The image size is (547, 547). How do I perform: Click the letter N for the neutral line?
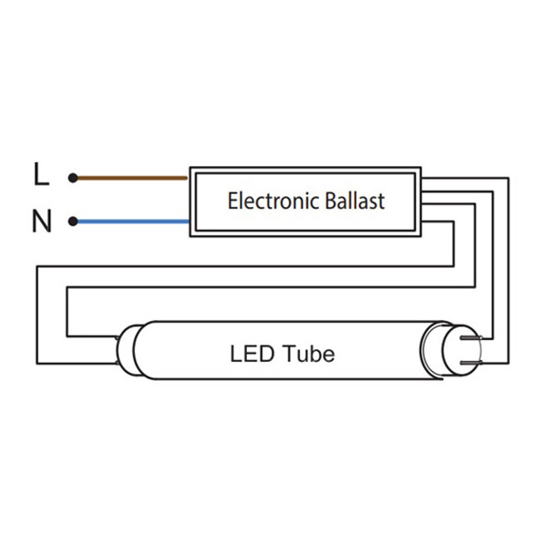click(41, 222)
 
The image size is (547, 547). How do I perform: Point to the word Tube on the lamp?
click(308, 352)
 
